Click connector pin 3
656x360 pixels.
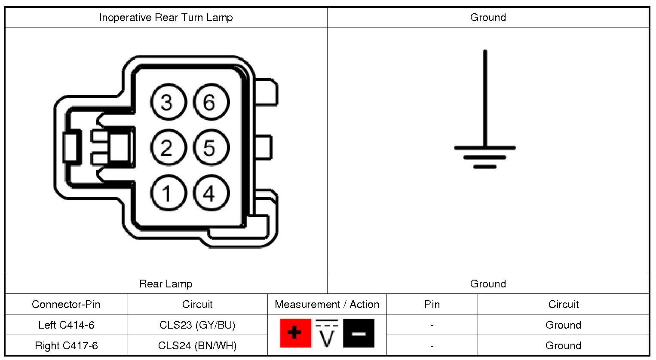(168, 102)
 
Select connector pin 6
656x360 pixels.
(211, 102)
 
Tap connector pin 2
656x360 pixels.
(168, 148)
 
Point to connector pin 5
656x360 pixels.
(211, 148)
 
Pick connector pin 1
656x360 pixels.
(168, 193)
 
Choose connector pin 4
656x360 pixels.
(211, 193)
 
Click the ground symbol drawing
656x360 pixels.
(485, 129)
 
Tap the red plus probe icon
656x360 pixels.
(295, 333)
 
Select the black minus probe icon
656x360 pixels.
(359, 333)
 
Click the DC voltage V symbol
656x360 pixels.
(327, 334)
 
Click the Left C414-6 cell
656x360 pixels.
(66, 325)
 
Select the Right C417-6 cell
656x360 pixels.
(66, 345)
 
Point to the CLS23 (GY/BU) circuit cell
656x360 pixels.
(197, 325)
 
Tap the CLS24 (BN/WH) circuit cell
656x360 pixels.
(197, 345)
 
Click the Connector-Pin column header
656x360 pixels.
(66, 304)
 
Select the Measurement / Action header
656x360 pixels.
(327, 304)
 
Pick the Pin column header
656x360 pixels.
(432, 304)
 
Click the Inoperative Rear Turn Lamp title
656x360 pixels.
(166, 18)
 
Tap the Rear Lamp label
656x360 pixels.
(166, 284)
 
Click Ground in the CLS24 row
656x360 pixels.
(563, 345)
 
